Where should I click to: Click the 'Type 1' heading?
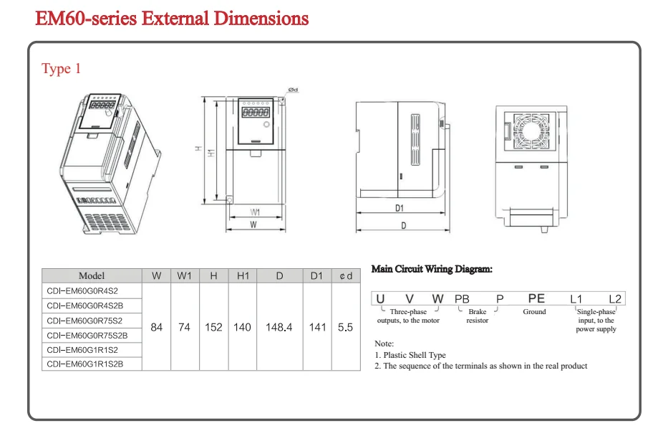click(x=62, y=69)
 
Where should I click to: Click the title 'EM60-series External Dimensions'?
click(x=172, y=18)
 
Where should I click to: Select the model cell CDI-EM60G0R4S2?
click(x=82, y=291)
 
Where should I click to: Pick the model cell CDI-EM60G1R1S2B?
click(x=85, y=364)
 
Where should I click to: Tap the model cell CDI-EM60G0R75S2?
click(x=84, y=321)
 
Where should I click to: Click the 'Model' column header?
click(x=92, y=276)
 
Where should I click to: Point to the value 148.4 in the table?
click(x=279, y=327)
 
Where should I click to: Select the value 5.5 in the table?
click(x=345, y=327)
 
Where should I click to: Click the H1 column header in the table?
click(x=242, y=276)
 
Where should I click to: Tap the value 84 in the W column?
click(x=156, y=327)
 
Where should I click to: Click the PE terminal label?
click(x=536, y=298)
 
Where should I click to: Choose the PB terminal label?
click(x=462, y=298)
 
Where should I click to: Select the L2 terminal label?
click(x=615, y=298)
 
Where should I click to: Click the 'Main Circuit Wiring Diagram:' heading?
click(x=432, y=269)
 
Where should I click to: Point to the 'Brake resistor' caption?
click(x=478, y=316)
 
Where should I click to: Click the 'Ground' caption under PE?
click(x=534, y=312)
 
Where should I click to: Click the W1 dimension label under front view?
click(x=254, y=212)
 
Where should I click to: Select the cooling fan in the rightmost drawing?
click(x=531, y=131)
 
